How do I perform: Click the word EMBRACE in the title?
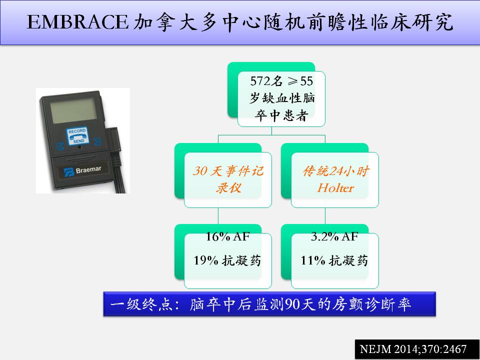(77, 22)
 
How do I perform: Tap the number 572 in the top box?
(260, 81)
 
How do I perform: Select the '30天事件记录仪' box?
(228, 179)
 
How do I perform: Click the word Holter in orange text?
(335, 187)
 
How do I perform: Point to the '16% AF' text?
(227, 236)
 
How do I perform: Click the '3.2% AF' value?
(334, 236)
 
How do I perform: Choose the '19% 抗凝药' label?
(227, 260)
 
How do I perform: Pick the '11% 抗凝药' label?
(334, 260)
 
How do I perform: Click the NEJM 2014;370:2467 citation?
(413, 349)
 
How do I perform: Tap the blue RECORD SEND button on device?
(77, 136)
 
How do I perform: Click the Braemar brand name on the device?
(88, 169)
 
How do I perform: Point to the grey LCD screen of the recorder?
(73, 110)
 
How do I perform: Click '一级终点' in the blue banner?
(141, 304)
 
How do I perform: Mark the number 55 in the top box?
(306, 81)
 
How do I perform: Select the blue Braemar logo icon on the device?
(69, 172)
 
